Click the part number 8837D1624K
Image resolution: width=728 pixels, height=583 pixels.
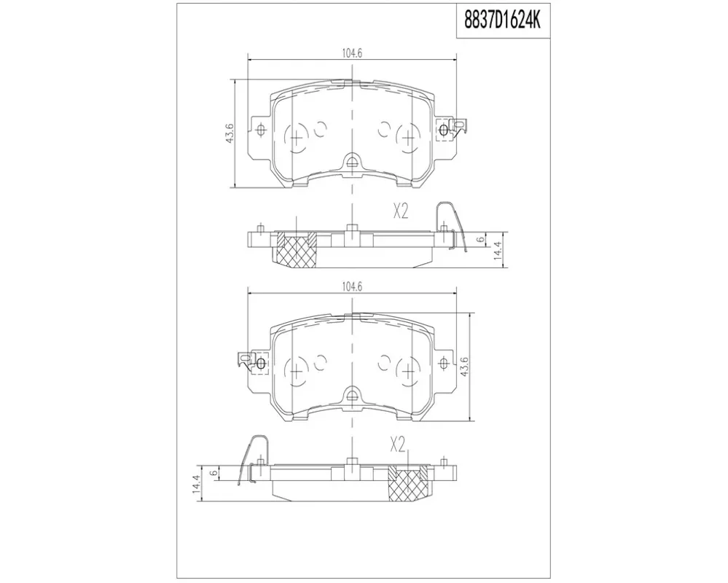point(504,20)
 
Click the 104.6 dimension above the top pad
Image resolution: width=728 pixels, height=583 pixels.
point(352,53)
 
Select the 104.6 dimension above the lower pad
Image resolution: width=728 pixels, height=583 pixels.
point(352,287)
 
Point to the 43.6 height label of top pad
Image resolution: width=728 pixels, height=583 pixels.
point(230,133)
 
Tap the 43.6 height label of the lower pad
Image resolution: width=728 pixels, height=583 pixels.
point(463,367)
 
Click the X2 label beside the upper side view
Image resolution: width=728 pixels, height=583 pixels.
point(400,212)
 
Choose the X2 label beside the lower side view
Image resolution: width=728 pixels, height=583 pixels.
point(398,445)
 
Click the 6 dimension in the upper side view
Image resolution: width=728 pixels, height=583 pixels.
point(481,240)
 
